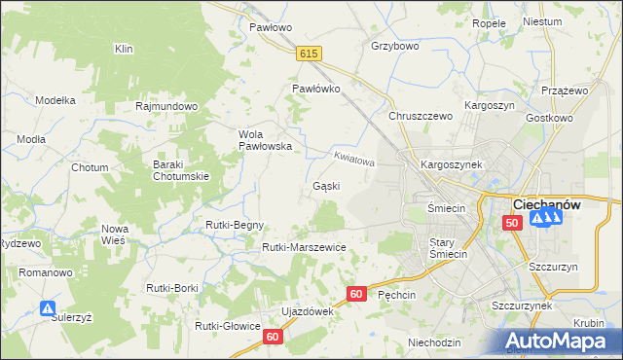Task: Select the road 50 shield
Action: (512, 223)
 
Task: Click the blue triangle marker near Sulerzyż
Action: (47, 308)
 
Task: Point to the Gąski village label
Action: (325, 185)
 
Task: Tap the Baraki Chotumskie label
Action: (182, 170)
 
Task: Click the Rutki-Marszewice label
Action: (304, 247)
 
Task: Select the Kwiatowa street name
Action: (353, 158)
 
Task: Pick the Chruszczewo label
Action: (421, 116)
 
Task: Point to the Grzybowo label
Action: (395, 46)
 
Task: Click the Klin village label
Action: (124, 48)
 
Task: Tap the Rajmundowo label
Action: (167, 105)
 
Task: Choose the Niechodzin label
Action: (434, 342)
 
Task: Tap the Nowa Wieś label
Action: (115, 234)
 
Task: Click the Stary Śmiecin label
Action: (448, 248)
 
